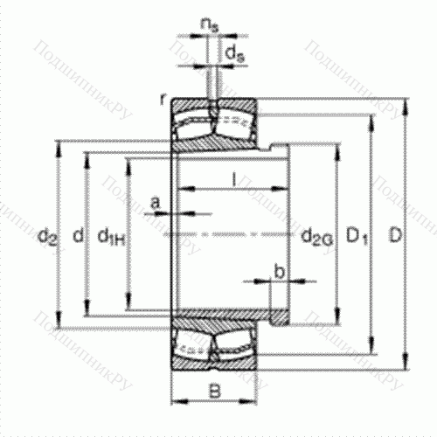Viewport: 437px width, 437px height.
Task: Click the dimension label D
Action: (x=396, y=235)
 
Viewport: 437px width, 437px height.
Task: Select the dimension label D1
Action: (x=355, y=235)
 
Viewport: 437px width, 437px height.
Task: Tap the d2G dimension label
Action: (x=316, y=236)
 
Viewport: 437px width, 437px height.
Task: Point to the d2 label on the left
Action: (x=47, y=235)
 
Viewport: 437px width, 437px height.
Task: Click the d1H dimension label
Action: (x=111, y=235)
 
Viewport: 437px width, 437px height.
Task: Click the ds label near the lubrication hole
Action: (x=233, y=56)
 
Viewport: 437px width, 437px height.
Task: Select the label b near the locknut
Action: (x=279, y=272)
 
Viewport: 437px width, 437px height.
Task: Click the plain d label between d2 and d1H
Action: (x=78, y=235)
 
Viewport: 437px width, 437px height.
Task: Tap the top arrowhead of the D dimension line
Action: (x=406, y=105)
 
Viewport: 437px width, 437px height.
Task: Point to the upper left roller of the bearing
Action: (x=192, y=120)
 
